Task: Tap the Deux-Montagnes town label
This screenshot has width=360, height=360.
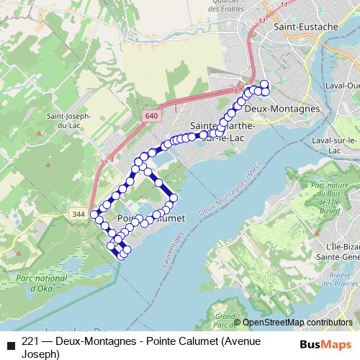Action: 282,108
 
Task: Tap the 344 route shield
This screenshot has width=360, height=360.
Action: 78,214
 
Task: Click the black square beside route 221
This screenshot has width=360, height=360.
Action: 10,343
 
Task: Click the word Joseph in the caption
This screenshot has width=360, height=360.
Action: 39,354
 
